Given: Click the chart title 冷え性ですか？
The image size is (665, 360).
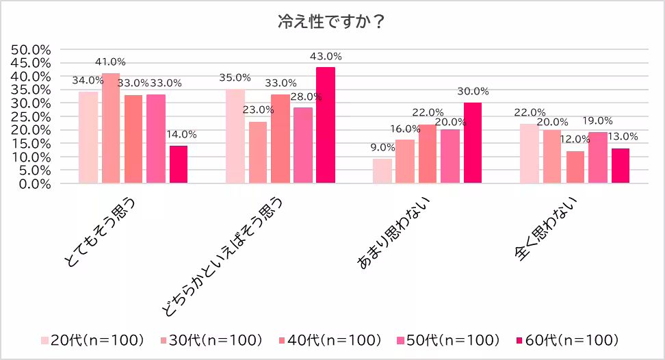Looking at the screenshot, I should click(x=332, y=22).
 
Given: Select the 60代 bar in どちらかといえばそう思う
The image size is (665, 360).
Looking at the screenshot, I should click(x=326, y=125).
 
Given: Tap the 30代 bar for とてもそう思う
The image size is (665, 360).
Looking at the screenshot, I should click(x=111, y=128).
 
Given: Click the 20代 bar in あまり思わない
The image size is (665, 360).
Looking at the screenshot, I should click(x=382, y=171).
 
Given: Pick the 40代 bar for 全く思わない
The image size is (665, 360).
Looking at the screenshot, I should click(x=575, y=167).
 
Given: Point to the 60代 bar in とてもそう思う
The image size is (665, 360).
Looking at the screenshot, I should click(x=179, y=164).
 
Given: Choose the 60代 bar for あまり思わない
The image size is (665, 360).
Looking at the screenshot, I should click(x=473, y=143).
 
